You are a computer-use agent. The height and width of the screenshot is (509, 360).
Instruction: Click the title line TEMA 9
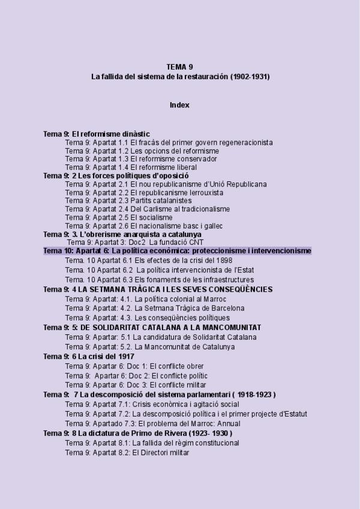point(179,67)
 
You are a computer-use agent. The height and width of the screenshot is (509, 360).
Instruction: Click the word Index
point(179,105)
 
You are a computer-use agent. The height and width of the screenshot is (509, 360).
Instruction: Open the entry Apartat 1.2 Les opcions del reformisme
point(142,151)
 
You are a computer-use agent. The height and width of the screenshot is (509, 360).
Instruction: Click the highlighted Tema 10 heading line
point(177,251)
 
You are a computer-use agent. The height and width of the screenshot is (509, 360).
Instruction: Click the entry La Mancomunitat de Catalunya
point(149,347)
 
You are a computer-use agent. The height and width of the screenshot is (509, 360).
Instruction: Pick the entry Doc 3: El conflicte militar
point(136,385)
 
